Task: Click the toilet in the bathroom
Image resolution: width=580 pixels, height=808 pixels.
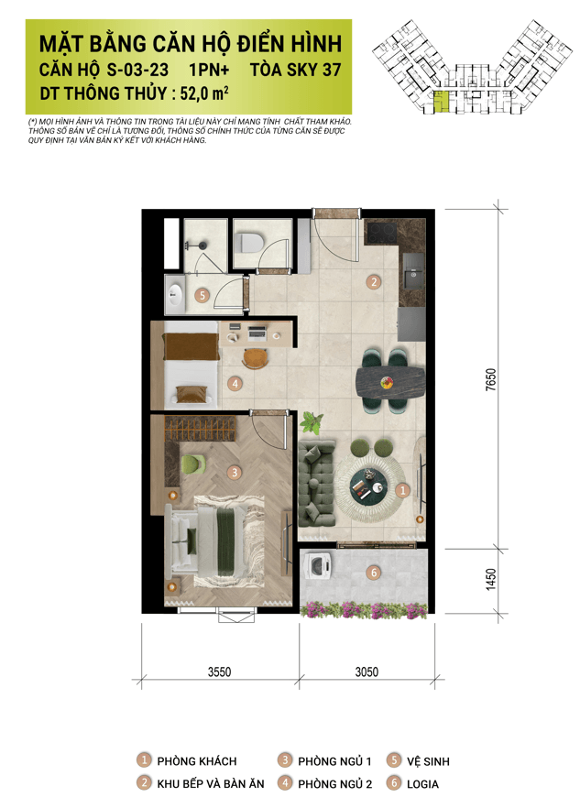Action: tap(250, 241)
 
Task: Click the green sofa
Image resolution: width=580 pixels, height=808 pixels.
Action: tap(315, 483)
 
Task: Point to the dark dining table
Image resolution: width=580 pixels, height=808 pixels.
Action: tap(390, 382)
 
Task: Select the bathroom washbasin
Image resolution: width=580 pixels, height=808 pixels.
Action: tap(175, 294)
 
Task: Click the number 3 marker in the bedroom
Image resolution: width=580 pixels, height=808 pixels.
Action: tap(235, 472)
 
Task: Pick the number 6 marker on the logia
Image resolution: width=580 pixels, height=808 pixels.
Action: tap(374, 573)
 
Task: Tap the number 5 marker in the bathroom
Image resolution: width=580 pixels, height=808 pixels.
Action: tap(202, 295)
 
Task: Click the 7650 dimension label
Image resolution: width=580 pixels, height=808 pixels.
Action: tap(491, 380)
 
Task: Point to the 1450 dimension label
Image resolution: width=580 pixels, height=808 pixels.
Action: tap(491, 580)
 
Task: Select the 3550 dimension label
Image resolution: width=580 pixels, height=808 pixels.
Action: tap(219, 672)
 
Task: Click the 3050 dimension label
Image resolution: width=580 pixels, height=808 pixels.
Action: tap(367, 672)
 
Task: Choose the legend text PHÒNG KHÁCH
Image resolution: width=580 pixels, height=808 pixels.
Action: tap(197, 761)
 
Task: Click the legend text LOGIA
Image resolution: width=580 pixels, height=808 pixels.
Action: tap(422, 784)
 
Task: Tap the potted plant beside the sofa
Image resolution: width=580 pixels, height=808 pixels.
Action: tap(312, 422)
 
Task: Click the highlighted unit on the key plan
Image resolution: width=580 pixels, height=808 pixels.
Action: tap(441, 101)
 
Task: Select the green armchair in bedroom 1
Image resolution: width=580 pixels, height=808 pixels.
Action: tap(193, 464)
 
